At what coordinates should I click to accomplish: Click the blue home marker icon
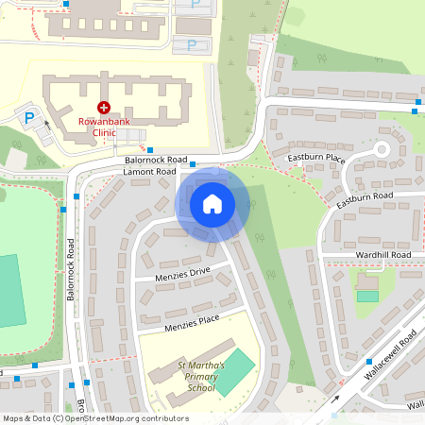tap(212, 203)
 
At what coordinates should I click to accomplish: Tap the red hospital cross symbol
tap(104, 110)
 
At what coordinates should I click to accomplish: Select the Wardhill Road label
tap(382, 255)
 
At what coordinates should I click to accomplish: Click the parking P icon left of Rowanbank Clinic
tap(29, 119)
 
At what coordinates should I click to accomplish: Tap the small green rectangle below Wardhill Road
tap(367, 297)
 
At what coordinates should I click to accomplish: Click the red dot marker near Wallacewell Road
tap(366, 360)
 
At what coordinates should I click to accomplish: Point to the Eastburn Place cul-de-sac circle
tap(382, 149)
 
